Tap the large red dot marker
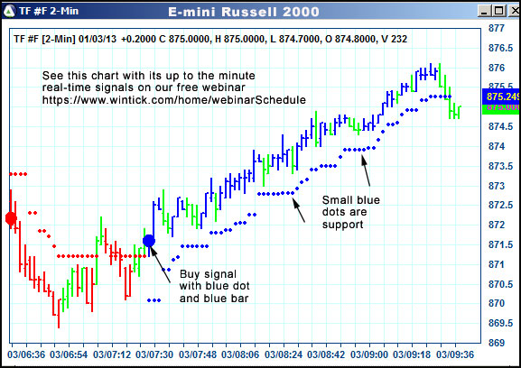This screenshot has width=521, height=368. (11, 218)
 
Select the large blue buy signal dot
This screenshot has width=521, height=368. (149, 241)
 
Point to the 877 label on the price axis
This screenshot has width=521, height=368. (497, 29)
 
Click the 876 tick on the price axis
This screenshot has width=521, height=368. (497, 69)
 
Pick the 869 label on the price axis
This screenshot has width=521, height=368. (497, 343)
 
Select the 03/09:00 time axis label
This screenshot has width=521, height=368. (371, 354)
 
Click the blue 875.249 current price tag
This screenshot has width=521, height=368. (504, 96)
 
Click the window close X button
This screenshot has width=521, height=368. (511, 12)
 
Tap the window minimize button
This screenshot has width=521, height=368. (483, 12)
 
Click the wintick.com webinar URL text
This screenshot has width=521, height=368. (173, 99)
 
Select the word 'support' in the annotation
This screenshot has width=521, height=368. (342, 225)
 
